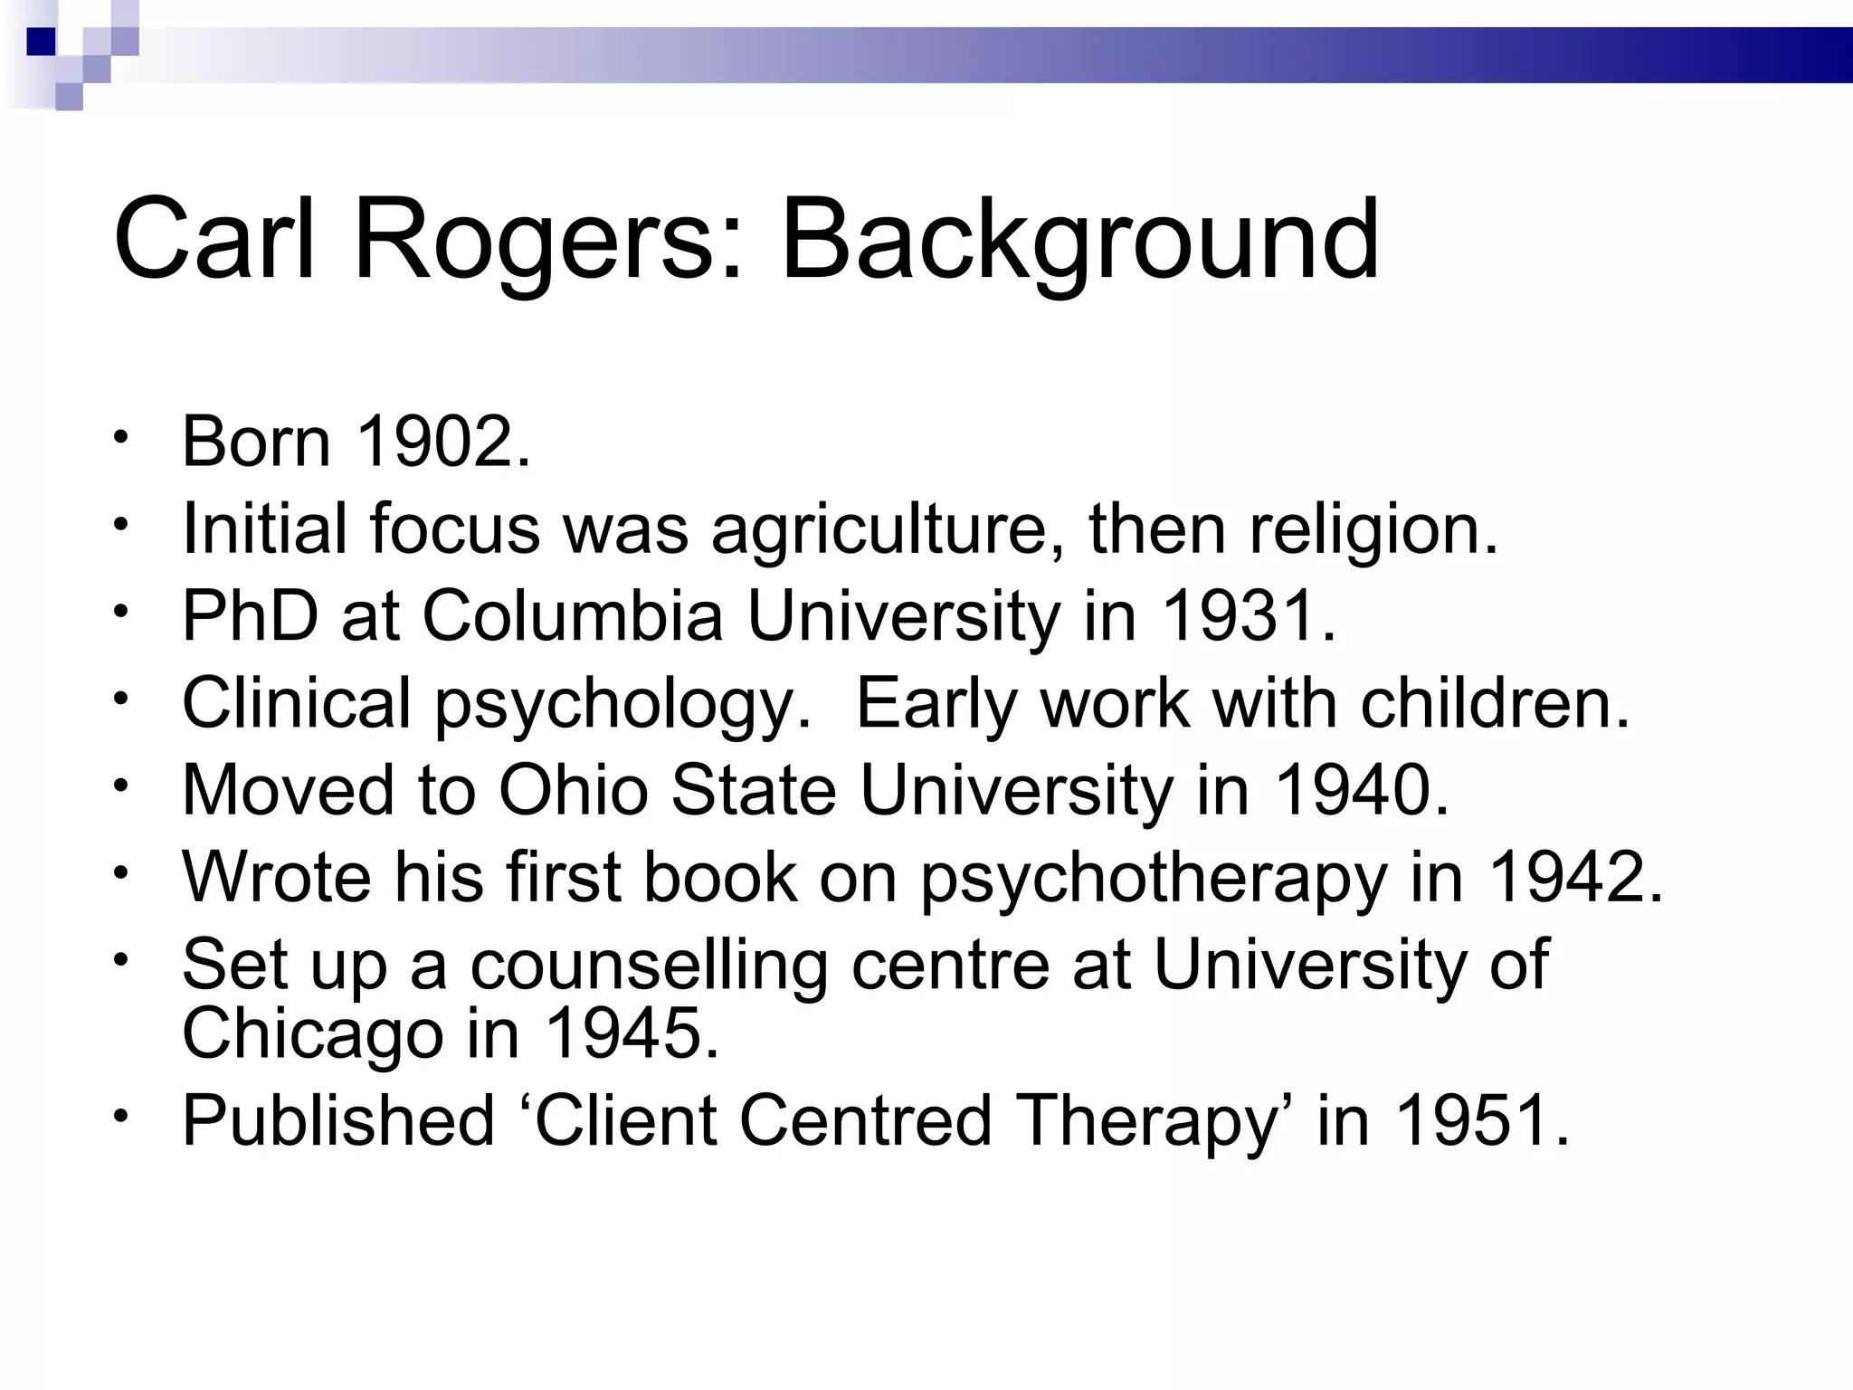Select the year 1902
(x=442, y=442)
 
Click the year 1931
(x=1249, y=616)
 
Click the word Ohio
(x=574, y=791)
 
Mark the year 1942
(x=1575, y=878)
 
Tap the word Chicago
(x=312, y=1033)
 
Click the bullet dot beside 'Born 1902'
(x=120, y=438)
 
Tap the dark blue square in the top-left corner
(x=41, y=42)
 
